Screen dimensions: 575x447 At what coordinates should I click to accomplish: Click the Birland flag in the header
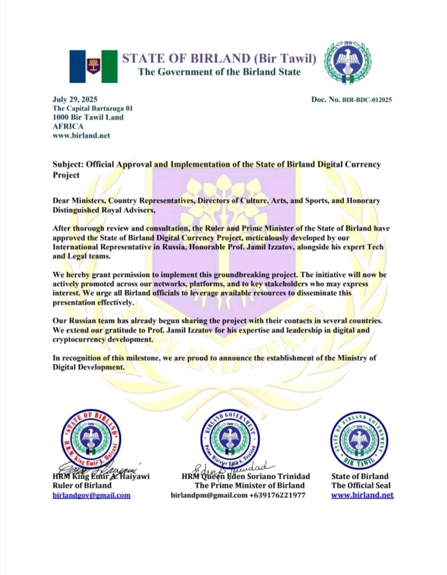pos(93,66)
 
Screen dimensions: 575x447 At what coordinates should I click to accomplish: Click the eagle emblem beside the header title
pos(348,63)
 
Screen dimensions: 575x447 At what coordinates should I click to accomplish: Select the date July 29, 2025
pos(75,99)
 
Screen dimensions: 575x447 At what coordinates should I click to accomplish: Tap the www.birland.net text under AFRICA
pos(81,135)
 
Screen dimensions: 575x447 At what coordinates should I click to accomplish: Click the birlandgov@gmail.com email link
pos(92,495)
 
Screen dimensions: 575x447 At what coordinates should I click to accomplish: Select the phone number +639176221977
pos(278,495)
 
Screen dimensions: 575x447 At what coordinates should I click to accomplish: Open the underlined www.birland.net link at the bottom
pos(362,495)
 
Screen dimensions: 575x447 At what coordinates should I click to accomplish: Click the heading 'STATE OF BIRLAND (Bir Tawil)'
pos(219,58)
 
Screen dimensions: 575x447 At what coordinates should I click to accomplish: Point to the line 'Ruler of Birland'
pos(81,486)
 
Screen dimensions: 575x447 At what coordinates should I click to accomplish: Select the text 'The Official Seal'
pos(361,486)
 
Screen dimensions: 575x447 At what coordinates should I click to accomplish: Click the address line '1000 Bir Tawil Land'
pos(88,117)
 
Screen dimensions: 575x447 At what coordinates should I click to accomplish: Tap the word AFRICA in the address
pos(68,126)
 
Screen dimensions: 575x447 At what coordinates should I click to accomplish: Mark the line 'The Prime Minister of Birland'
pos(249,486)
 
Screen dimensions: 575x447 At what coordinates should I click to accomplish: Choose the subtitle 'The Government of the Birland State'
pos(219,72)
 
